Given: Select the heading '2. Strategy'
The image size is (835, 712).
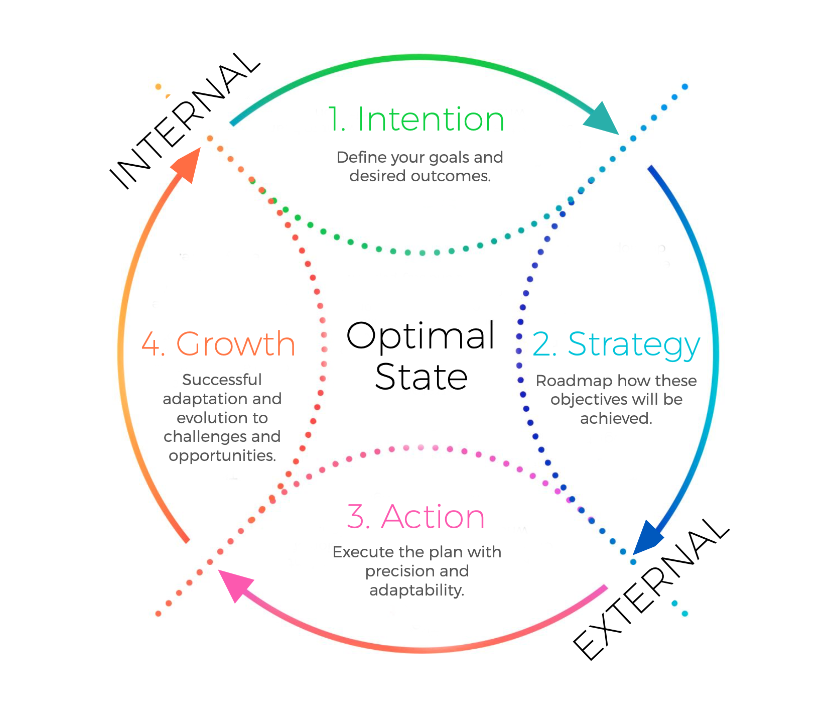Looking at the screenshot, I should click(616, 345).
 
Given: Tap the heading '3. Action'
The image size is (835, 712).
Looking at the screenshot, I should click(416, 517).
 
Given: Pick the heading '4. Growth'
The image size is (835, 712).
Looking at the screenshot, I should click(218, 344).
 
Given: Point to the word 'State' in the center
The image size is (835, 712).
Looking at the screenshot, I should click(421, 377).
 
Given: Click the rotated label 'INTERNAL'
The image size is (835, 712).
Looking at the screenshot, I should click(185, 121).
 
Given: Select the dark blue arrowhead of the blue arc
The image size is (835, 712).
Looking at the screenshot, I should click(647, 538).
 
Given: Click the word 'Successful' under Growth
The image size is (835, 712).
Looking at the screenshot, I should click(222, 380).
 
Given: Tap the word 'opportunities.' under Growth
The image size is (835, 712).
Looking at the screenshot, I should click(222, 456).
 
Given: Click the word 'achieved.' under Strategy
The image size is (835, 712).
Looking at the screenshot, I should click(616, 419).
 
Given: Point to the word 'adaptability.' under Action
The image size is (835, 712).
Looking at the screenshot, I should click(416, 590).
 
